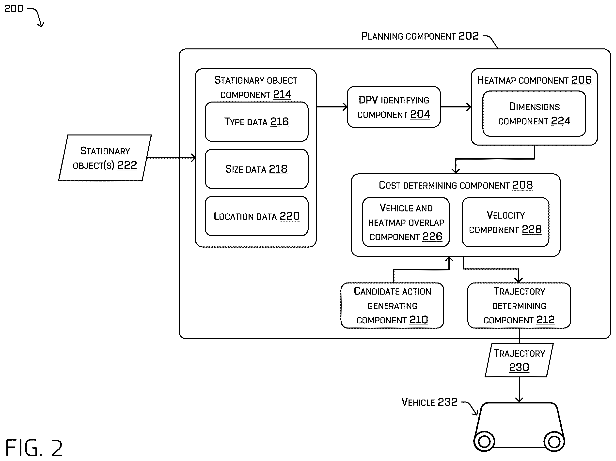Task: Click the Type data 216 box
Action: click(x=256, y=121)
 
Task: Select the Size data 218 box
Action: click(x=256, y=169)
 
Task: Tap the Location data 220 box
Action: click(x=256, y=216)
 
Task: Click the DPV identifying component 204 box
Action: click(x=394, y=107)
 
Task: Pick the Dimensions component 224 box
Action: click(x=534, y=114)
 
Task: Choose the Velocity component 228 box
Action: click(x=505, y=222)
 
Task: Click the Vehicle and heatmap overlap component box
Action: click(x=406, y=222)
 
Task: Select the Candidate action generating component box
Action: click(x=392, y=305)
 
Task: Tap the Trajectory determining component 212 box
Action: click(x=519, y=305)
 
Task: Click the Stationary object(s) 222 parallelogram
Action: click(x=105, y=158)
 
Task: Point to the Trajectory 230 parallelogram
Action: click(x=519, y=360)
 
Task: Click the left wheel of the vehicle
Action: click(x=484, y=441)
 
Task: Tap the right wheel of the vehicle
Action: click(x=554, y=441)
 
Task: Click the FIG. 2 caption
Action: click(x=34, y=448)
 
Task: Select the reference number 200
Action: click(x=14, y=9)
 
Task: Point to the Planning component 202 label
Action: click(x=420, y=36)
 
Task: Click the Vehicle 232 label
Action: click(x=429, y=402)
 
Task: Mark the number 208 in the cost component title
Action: click(x=522, y=185)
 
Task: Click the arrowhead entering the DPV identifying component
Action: click(x=345, y=107)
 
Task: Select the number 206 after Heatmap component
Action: click(x=582, y=80)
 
